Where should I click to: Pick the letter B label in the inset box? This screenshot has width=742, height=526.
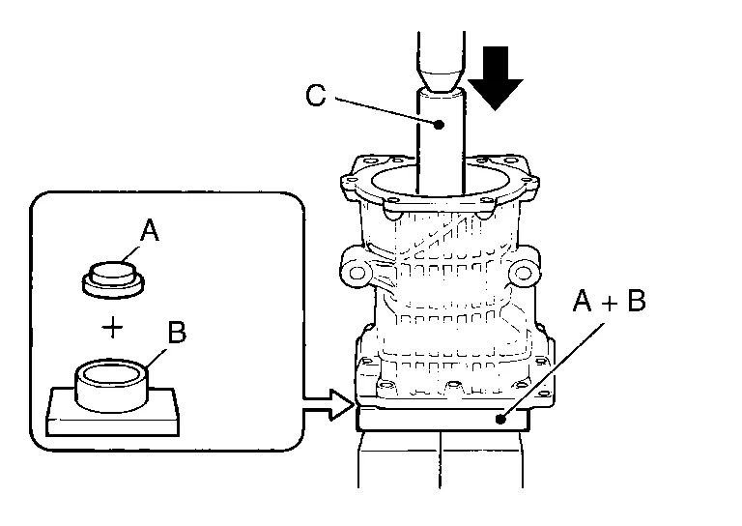[177, 333]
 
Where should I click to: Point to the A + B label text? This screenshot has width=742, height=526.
[609, 303]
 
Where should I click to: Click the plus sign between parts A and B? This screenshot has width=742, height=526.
[114, 327]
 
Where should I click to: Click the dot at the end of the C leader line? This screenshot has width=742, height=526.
[441, 124]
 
